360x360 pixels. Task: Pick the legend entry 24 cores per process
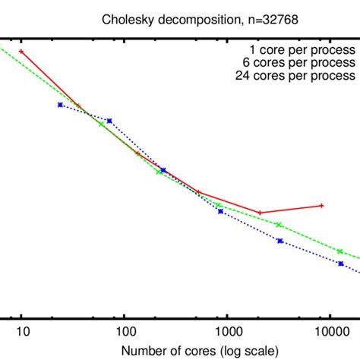click(302, 75)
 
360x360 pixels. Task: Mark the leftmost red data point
click(22, 52)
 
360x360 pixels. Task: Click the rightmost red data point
click(322, 205)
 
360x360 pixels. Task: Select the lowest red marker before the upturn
click(260, 213)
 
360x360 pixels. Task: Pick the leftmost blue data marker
click(60, 105)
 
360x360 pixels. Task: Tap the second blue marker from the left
click(109, 121)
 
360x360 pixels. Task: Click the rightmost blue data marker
click(341, 264)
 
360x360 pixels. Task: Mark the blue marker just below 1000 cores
click(220, 210)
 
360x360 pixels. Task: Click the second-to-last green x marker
click(279, 225)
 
